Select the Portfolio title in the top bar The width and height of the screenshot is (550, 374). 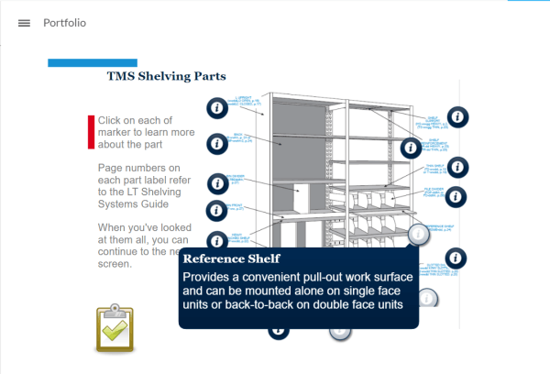pos(65,23)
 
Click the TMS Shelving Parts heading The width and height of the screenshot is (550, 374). pos(167,77)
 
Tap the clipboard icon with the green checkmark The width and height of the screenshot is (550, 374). pos(115,328)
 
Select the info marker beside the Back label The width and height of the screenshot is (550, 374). pos(216,144)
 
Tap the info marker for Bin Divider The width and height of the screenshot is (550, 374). pos(216,182)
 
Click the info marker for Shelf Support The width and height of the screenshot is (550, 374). pos(458,116)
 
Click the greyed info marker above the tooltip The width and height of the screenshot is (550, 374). pos(419,234)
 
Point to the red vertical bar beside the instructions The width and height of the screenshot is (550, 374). pos(91,132)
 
